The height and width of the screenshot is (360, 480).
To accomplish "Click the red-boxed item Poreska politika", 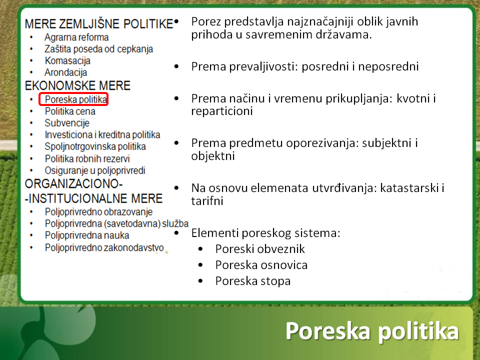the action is coord(75,99).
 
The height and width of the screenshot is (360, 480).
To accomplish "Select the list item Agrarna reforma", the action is coord(76,37).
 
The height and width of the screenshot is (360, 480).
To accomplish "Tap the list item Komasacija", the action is coord(67,61).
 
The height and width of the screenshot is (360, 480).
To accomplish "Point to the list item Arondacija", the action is coord(66,72).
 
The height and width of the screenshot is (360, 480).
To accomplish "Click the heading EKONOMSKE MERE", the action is coord(78,85).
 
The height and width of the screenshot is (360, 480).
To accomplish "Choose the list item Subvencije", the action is coord(67,123).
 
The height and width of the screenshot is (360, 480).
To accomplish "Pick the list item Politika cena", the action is coord(70,111).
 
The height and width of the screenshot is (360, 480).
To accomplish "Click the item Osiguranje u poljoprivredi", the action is coord(95,170).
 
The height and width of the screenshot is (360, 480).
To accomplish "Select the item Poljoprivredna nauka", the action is coord(87,235).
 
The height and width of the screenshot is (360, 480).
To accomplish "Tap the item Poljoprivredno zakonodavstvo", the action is coord(104,247).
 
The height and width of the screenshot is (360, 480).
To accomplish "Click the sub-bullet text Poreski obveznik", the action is coord(260,249).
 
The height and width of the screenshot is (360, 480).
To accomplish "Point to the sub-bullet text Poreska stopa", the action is coord(253,281).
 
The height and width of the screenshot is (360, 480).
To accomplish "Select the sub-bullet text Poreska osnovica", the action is coord(261,265).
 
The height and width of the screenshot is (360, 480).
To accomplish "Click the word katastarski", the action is coord(409,188).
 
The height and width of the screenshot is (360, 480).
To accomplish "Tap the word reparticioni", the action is coord(222,111).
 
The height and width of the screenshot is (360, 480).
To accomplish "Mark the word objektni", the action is coord(213,156).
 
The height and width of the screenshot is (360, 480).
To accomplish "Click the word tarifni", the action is coord(207,201).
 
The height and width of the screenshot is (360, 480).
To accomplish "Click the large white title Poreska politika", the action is coord(372,331).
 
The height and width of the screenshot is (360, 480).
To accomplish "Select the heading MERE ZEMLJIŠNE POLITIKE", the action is coord(99,24).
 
